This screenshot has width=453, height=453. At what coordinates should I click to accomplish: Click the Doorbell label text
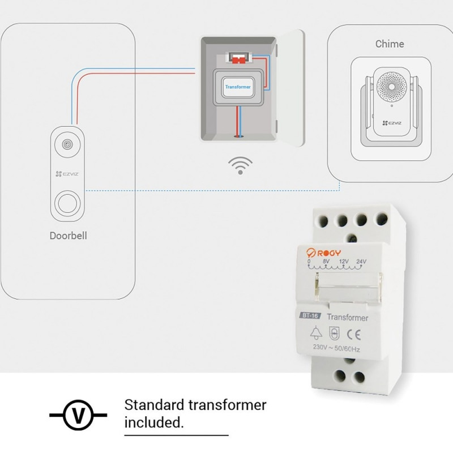click(x=68, y=236)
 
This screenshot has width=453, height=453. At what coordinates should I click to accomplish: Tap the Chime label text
click(x=390, y=44)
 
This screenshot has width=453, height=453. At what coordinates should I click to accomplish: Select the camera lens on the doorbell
click(x=67, y=144)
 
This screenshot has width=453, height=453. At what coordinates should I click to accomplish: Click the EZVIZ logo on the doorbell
click(x=67, y=174)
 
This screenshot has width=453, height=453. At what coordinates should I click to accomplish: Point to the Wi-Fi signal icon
click(x=240, y=165)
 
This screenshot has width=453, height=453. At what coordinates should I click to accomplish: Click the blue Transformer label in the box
click(x=238, y=87)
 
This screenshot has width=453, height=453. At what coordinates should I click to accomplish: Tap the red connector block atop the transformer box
click(x=238, y=60)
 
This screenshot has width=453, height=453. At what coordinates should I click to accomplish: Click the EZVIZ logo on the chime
click(x=392, y=123)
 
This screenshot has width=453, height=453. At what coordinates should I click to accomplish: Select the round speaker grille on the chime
click(x=392, y=87)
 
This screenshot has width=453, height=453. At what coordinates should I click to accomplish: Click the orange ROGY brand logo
click(x=323, y=253)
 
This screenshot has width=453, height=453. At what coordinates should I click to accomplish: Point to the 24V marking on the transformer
click(x=361, y=262)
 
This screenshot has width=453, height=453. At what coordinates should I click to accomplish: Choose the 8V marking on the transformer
click(x=326, y=261)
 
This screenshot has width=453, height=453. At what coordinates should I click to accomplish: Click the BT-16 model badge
click(x=310, y=315)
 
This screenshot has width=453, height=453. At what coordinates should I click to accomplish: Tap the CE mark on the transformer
click(x=354, y=335)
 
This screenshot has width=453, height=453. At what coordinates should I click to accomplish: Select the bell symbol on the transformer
click(x=316, y=332)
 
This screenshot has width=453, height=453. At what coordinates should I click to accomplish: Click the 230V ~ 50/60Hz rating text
click(x=336, y=348)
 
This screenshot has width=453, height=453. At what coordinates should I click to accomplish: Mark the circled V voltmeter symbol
click(x=78, y=416)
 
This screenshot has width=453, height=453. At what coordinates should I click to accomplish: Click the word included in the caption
click(x=154, y=422)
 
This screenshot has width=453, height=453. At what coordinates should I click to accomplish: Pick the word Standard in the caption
click(x=153, y=405)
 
